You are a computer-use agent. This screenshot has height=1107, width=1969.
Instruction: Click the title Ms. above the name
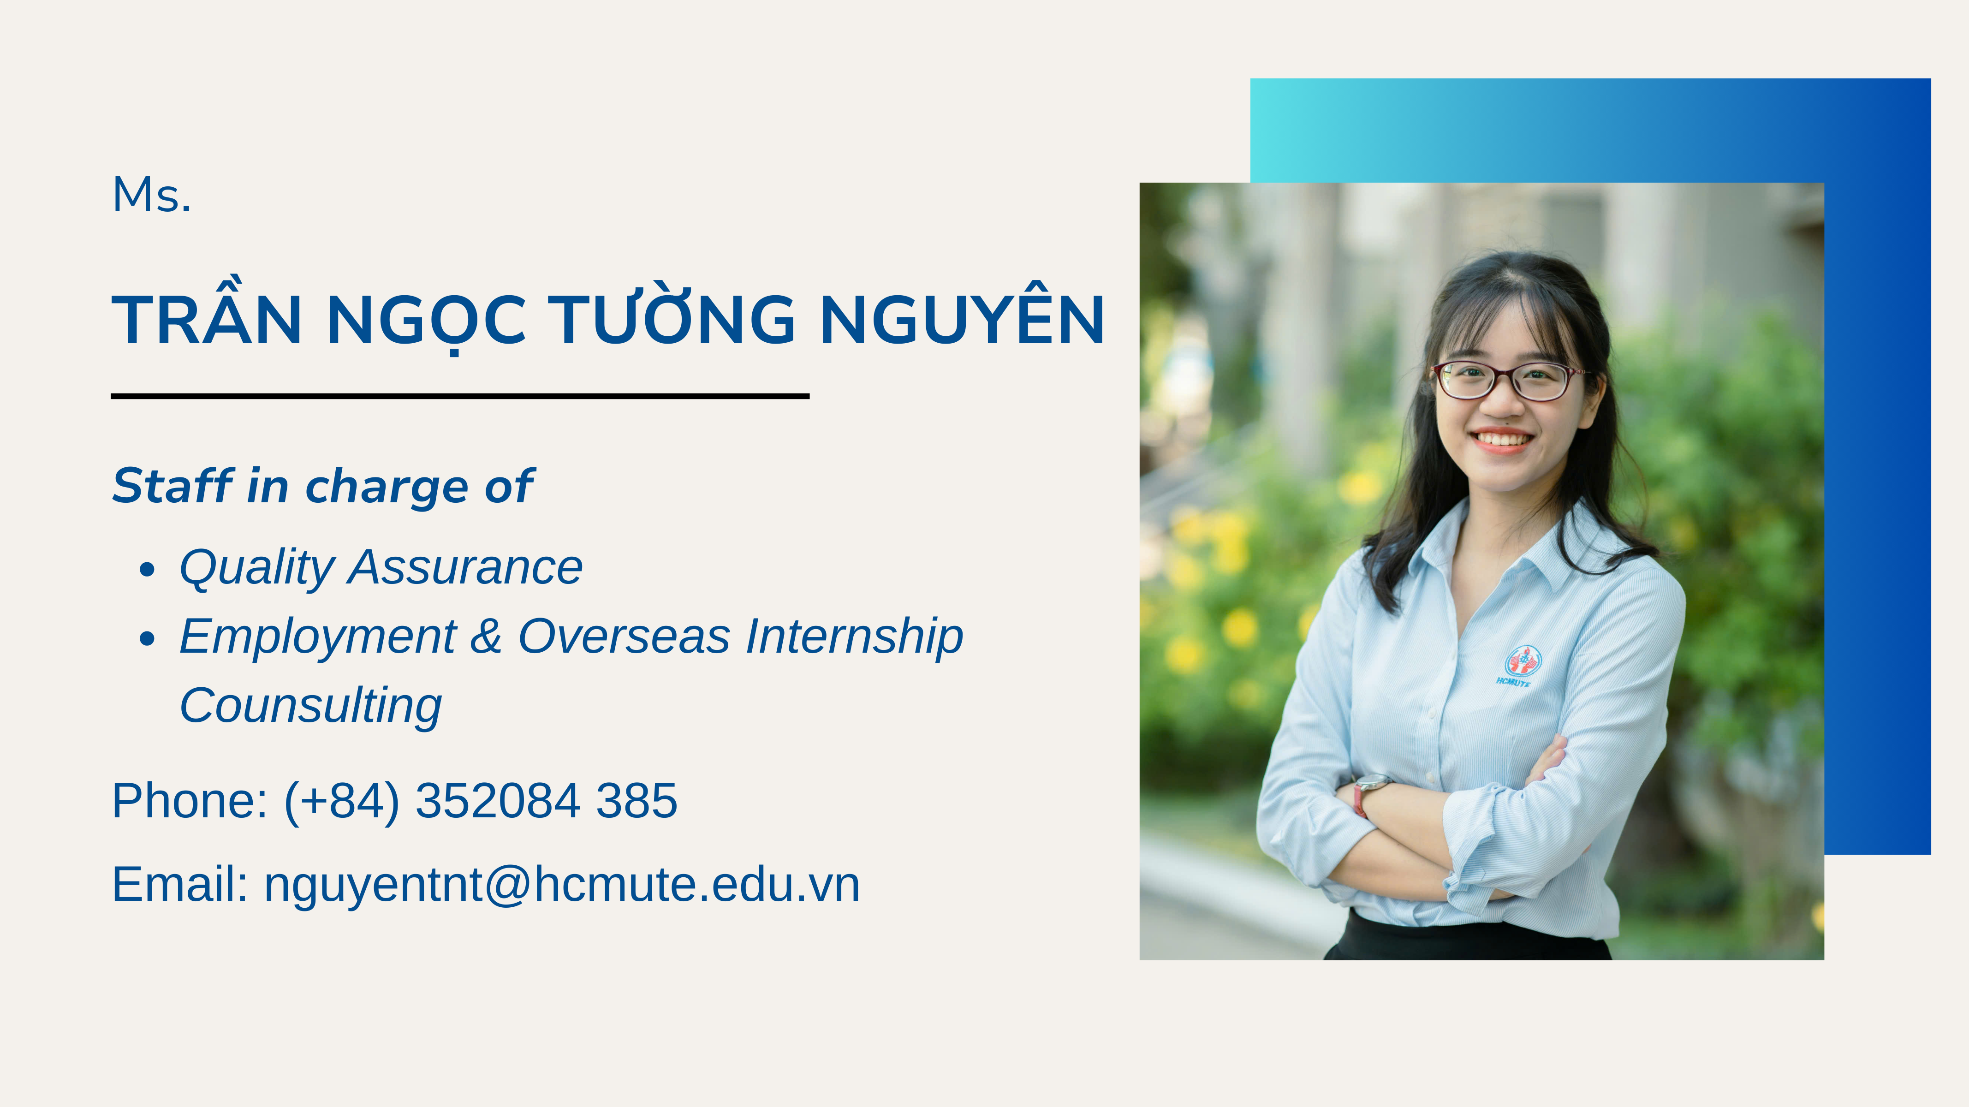151,195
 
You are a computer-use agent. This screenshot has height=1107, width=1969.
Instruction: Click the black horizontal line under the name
460,396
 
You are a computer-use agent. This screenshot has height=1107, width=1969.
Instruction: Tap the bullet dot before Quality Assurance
148,570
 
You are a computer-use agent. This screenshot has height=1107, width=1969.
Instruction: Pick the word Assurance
465,567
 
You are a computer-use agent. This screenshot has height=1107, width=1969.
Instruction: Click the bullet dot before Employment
148,638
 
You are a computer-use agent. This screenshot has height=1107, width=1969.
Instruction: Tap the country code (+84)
342,801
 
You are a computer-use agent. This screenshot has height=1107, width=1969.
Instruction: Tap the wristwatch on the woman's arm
1368,793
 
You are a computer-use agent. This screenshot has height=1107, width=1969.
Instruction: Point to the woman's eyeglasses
1508,381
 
